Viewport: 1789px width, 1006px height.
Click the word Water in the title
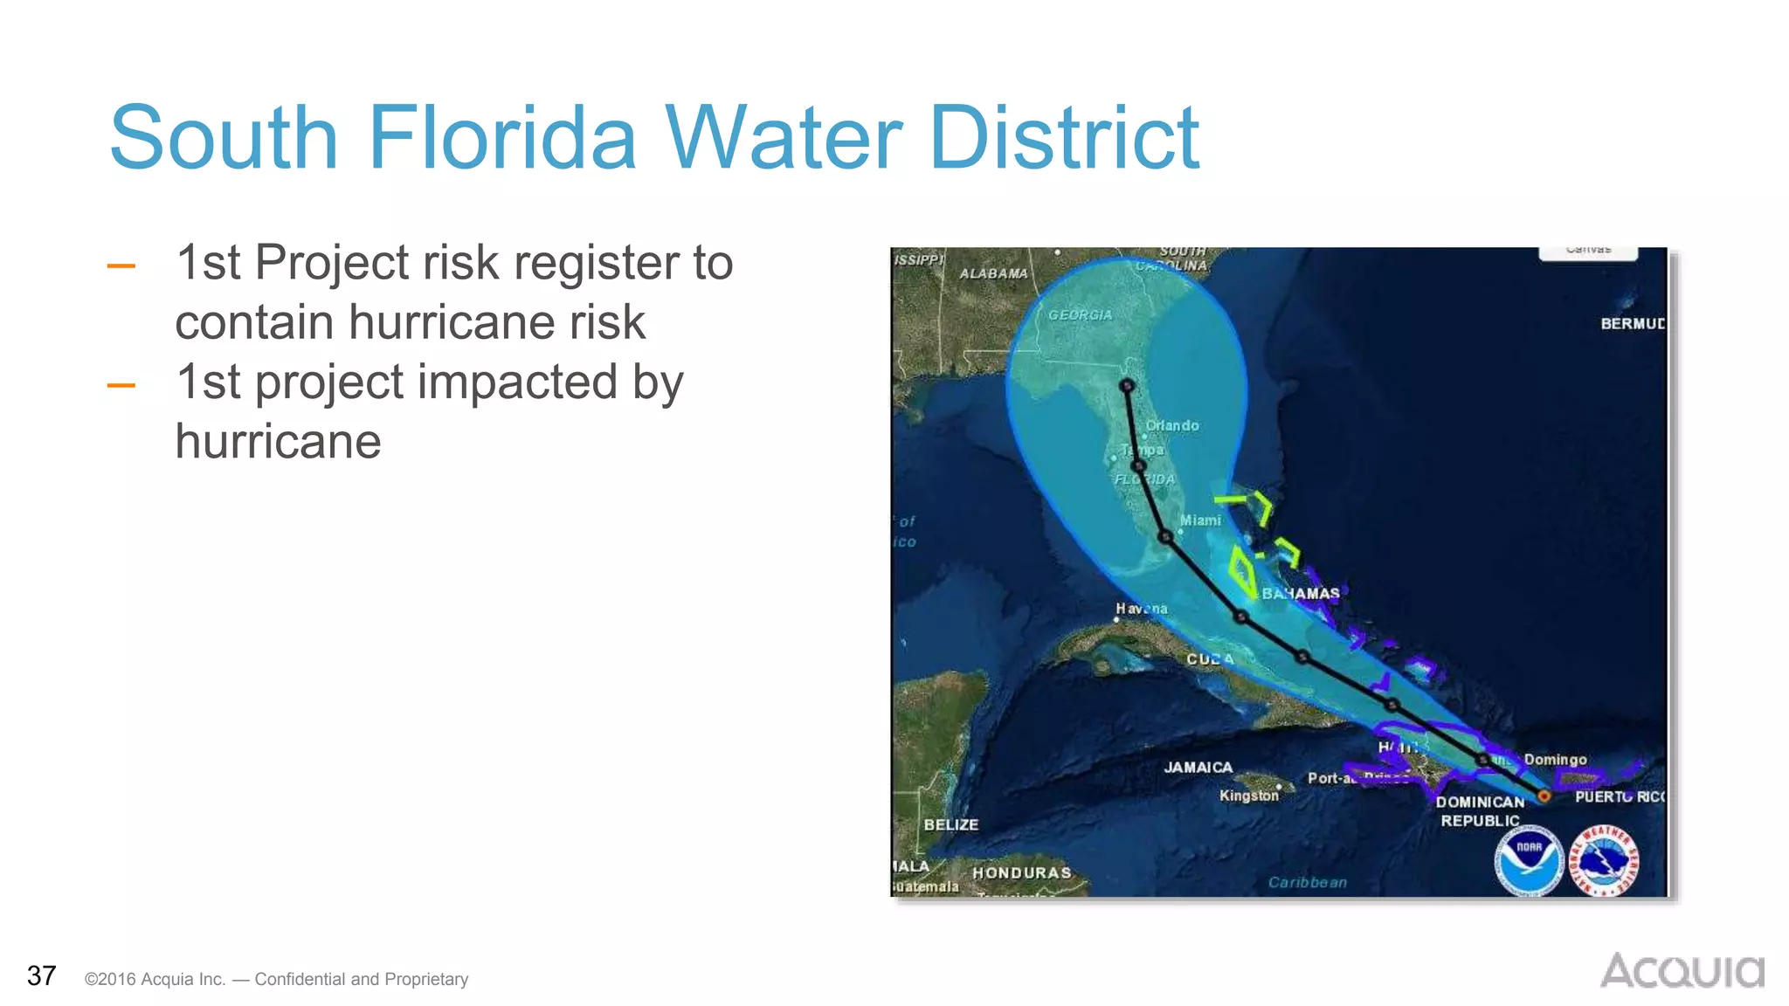784,138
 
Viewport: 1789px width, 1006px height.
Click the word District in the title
1064,138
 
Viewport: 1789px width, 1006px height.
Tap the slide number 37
41,975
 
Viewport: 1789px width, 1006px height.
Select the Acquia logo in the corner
1682,971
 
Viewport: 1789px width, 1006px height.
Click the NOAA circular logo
1529,861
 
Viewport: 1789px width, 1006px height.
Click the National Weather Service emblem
1604,861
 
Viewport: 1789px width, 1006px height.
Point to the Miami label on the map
1200,520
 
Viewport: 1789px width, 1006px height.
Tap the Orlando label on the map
1172,425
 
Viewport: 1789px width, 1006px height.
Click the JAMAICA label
1198,768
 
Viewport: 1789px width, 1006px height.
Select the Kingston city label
1248,796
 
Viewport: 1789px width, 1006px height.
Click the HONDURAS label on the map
1021,872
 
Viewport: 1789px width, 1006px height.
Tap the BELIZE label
950,824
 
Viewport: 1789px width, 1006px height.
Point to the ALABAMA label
993,273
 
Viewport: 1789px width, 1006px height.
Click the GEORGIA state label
1080,315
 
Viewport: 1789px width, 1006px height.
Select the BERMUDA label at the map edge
1632,324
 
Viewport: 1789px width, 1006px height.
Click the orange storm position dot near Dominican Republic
1544,796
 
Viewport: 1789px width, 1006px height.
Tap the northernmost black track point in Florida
1127,385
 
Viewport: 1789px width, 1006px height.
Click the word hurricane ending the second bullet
278,441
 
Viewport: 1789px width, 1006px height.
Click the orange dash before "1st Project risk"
121,265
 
